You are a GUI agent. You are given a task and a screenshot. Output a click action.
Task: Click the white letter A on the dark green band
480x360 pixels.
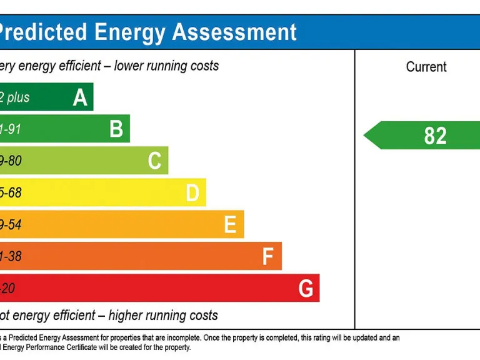click(x=80, y=97)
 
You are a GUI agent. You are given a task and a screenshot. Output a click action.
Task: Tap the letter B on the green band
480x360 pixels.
click(x=116, y=129)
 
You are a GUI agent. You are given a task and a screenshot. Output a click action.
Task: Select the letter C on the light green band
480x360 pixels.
click(x=154, y=161)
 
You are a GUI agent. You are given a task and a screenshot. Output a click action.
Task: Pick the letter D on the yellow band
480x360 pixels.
click(x=192, y=193)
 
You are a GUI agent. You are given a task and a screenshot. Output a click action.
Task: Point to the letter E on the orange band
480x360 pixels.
click(x=230, y=225)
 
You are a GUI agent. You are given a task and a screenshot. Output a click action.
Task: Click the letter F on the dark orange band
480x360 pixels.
click(x=268, y=257)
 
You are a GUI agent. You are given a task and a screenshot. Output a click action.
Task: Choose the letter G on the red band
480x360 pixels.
click(x=306, y=289)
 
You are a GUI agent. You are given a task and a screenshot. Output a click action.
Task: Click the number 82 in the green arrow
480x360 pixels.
click(x=435, y=136)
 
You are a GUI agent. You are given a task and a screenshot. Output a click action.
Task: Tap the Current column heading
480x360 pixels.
click(x=426, y=67)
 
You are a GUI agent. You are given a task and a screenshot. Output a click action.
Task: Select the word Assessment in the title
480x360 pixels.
click(x=234, y=32)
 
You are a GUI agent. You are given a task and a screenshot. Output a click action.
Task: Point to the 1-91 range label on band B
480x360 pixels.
click(x=11, y=129)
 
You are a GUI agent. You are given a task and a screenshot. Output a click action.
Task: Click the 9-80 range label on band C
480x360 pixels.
click(x=11, y=161)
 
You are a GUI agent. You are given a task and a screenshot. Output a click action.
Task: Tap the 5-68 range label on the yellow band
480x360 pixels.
click(x=11, y=193)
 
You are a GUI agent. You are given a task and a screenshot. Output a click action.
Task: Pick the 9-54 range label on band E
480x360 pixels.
click(x=11, y=225)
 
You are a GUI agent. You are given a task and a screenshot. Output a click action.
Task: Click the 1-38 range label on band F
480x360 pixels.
click(x=11, y=257)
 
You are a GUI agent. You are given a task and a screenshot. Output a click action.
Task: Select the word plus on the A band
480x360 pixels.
click(x=18, y=97)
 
